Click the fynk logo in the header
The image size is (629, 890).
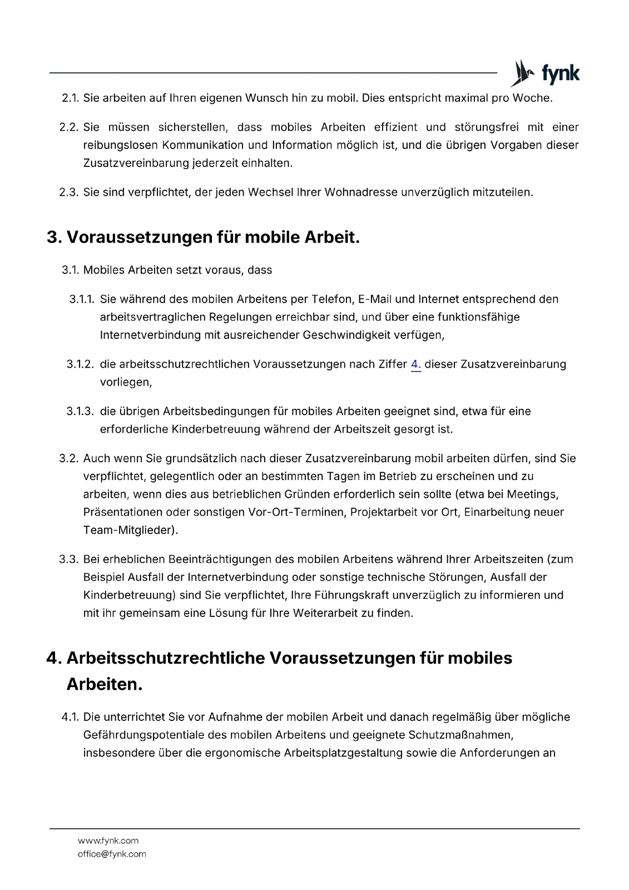[x=545, y=73]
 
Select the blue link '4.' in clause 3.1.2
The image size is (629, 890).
[x=415, y=364]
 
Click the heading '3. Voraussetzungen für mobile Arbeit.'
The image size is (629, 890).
[x=204, y=238]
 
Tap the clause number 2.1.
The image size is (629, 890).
[x=70, y=98]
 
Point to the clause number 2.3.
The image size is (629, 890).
[x=69, y=192]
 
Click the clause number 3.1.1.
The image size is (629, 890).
[x=82, y=299]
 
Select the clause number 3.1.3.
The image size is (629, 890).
[x=80, y=412]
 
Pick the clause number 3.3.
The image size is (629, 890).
[x=69, y=560]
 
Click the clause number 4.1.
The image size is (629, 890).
[x=70, y=718]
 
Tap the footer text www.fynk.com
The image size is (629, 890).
[x=108, y=841]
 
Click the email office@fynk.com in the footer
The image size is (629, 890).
[x=112, y=854]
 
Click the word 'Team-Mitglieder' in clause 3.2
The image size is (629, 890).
[x=128, y=531]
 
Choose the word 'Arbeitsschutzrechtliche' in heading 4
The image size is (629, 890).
[x=165, y=659]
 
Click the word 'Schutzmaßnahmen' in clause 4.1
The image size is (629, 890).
[x=460, y=735]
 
